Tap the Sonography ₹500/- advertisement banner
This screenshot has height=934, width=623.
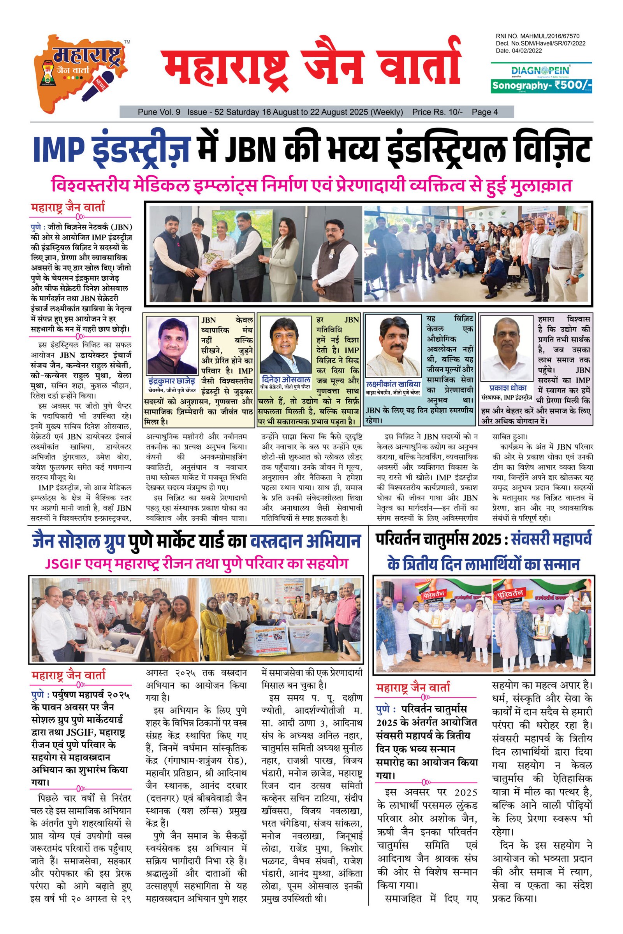click(542, 85)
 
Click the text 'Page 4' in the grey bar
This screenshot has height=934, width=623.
click(485, 112)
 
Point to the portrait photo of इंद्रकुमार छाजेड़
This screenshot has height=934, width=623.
click(172, 345)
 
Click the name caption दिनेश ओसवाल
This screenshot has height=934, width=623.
click(286, 378)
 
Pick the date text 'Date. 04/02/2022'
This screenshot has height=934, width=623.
click(519, 51)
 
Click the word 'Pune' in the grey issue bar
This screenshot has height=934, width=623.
click(148, 112)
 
